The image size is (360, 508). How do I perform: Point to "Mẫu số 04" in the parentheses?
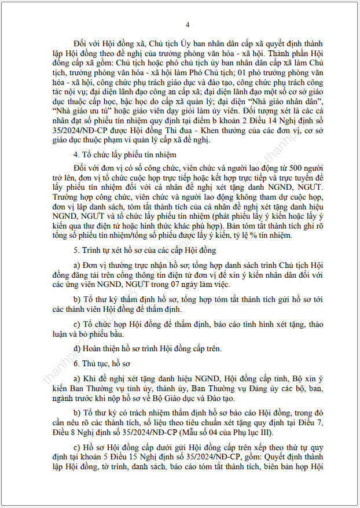[x=210, y=433]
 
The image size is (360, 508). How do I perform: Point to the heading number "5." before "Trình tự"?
[x=77, y=250]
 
